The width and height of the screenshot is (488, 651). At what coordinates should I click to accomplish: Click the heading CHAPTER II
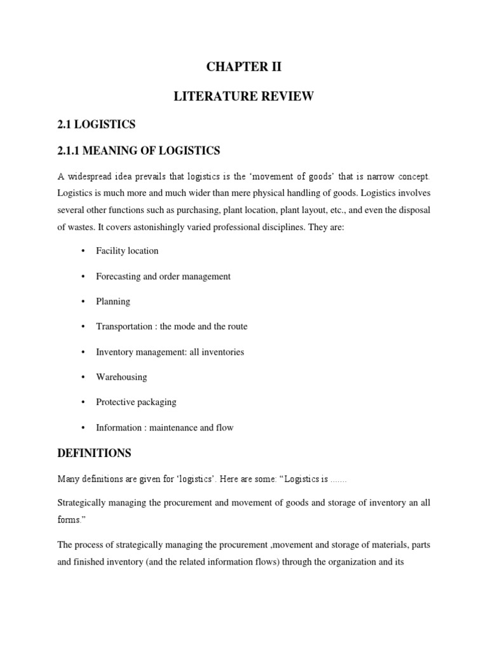pyautogui.click(x=244, y=67)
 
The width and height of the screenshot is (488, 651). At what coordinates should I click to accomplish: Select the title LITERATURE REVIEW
pyautogui.click(x=244, y=96)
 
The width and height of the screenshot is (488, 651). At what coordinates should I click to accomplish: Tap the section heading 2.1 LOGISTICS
pyautogui.click(x=96, y=124)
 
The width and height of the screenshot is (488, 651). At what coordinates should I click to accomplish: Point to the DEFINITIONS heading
pyautogui.click(x=94, y=453)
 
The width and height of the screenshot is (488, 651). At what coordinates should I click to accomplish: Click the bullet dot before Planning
pyautogui.click(x=83, y=301)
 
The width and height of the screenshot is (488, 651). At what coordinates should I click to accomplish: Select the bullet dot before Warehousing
pyautogui.click(x=83, y=377)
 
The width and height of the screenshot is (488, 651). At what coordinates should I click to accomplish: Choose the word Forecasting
pyautogui.click(x=118, y=277)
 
